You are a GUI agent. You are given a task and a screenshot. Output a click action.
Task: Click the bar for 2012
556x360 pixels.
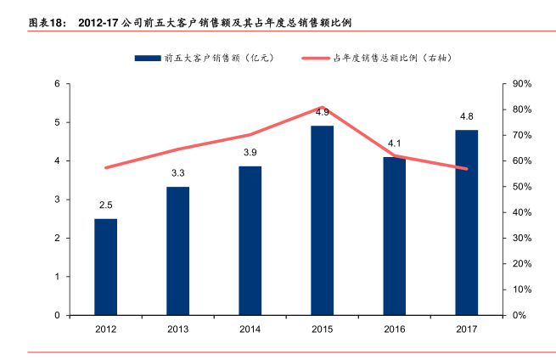pos(105,267)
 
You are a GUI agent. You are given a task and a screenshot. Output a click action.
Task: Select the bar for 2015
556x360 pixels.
pos(322,220)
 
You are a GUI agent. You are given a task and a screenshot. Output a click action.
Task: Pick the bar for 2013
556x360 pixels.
pos(177,250)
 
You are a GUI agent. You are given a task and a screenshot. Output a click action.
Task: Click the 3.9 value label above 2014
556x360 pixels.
pos(250,153)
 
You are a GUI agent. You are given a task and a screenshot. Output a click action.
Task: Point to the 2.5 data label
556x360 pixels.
pos(105,205)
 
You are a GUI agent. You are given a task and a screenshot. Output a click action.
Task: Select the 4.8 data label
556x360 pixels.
pos(466,116)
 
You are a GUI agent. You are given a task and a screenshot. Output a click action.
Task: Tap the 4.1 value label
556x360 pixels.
pos(394,143)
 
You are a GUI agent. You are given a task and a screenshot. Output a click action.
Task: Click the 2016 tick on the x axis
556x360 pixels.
pos(394,329)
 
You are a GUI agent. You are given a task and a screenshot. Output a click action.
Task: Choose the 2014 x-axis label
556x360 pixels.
pos(250,329)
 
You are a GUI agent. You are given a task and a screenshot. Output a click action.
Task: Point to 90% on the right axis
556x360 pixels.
pos(522,84)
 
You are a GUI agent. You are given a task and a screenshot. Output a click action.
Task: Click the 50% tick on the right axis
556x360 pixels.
pos(522,187)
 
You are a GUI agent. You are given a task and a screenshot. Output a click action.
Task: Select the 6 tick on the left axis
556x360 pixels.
pos(57,84)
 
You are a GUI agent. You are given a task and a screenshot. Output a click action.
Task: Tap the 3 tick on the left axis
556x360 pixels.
pos(57,200)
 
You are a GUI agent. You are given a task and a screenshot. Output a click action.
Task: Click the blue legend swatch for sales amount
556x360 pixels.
pos(147,58)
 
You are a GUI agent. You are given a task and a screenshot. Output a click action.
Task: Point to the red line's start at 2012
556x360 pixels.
pos(105,168)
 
